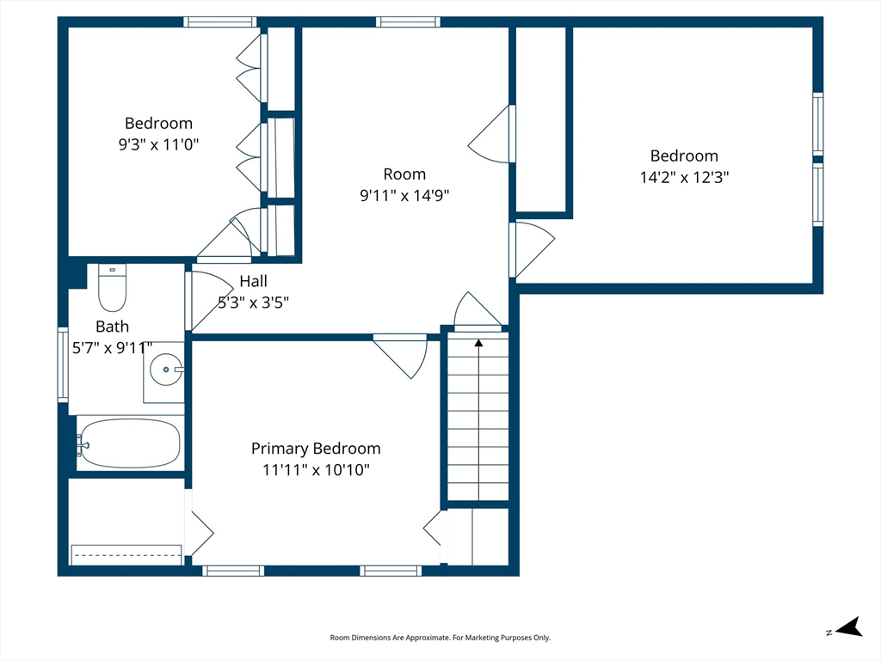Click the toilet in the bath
113,287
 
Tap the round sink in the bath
166,370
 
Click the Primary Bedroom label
316,449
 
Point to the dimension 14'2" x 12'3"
684,177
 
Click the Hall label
254,281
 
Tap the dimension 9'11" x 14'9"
404,195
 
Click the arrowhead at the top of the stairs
478,342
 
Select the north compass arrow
849,626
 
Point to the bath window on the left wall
63,364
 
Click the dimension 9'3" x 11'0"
158,144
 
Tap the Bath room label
113,326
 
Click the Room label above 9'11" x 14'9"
404,174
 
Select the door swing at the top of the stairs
477,311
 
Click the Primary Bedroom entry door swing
401,357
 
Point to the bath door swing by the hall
206,301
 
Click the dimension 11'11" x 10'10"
316,470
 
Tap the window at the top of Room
408,21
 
